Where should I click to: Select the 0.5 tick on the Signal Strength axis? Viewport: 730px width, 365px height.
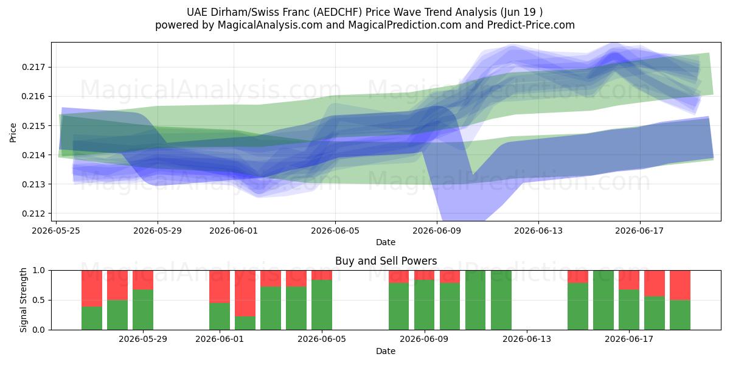click(39, 300)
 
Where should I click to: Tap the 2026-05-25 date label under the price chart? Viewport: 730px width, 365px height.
click(56, 231)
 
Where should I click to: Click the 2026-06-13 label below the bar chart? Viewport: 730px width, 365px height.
click(527, 339)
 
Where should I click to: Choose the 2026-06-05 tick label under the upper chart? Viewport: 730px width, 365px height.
click(335, 231)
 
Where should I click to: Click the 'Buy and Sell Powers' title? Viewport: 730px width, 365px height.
click(386, 261)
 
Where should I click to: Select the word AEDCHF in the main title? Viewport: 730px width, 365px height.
click(338, 12)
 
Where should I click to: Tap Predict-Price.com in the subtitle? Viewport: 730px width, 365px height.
click(531, 25)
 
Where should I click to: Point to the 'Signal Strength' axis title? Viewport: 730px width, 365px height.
click(23, 300)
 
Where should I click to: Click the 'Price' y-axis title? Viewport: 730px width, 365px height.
click(13, 133)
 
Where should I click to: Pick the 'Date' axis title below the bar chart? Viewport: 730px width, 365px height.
click(386, 351)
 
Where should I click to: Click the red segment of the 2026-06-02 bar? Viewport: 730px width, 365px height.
click(245, 293)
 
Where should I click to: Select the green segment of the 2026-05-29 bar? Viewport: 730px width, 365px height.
click(143, 310)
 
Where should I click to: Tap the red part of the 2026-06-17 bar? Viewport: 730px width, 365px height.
click(628, 280)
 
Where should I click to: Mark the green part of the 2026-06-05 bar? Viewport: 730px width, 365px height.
click(322, 305)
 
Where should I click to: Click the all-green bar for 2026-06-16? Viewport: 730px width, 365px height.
click(603, 300)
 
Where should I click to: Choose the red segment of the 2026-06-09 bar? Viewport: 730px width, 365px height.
click(425, 275)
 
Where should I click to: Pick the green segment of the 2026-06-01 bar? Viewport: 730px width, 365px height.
click(220, 316)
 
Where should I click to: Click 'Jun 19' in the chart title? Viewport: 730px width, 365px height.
click(518, 12)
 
